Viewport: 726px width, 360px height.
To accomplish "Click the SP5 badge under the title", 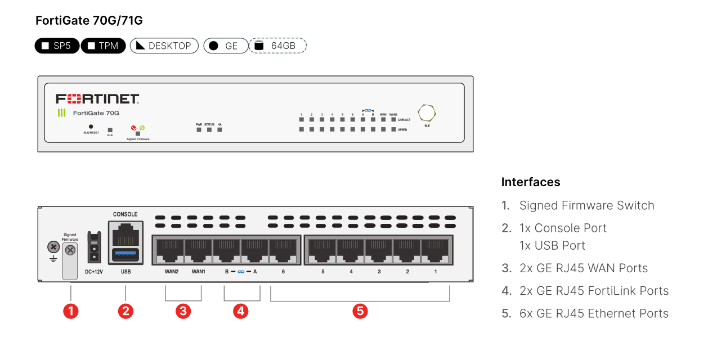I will point(57,46).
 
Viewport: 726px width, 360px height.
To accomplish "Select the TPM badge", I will point(103,46).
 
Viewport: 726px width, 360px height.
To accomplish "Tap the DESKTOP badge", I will point(164,46).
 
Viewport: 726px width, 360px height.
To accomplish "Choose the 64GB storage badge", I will point(277,46).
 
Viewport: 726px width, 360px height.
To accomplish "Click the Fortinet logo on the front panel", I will point(97,99).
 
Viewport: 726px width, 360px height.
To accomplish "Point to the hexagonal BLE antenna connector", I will point(427,112).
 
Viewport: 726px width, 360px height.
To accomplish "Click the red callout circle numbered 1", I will point(70,310).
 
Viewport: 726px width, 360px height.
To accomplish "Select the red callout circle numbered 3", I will point(183,310).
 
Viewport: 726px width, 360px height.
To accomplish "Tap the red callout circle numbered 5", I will point(360,310).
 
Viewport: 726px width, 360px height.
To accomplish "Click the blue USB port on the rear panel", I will point(126,254).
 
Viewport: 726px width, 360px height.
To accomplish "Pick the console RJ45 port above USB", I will point(126,233).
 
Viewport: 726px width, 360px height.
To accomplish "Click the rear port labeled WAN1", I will point(198,250).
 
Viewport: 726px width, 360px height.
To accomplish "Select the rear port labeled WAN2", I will point(171,250).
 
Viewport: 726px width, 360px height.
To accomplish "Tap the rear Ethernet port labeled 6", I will point(283,250).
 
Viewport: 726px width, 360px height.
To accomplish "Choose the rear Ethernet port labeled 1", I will point(434,250).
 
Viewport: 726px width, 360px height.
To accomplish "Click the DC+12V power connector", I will point(94,248).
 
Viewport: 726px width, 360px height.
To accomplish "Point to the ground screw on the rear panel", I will point(53,247).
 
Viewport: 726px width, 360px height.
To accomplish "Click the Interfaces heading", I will point(530,182).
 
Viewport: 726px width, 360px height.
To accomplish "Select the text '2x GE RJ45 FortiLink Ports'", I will point(594,291).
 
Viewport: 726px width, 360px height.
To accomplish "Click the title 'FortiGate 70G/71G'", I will point(89,21).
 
